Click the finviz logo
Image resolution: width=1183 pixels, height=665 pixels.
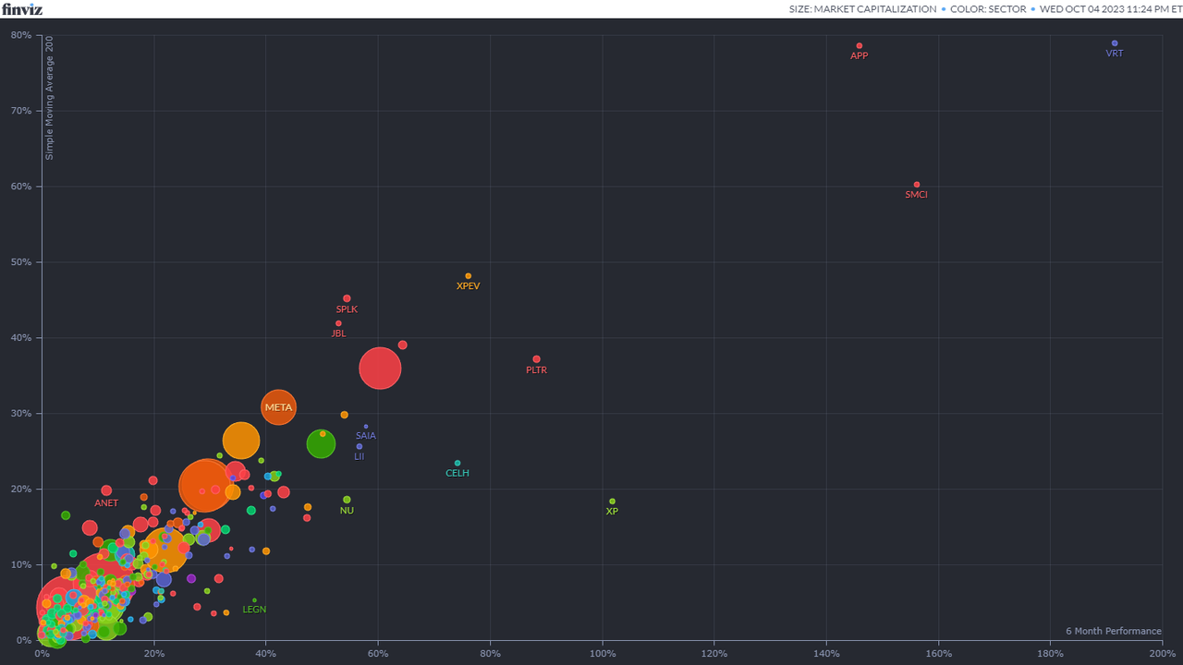(21, 9)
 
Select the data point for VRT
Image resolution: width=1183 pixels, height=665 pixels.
(1115, 43)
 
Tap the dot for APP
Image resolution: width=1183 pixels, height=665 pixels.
(859, 45)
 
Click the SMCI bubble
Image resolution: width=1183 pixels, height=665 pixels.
(916, 185)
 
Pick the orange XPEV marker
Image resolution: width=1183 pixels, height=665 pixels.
(468, 276)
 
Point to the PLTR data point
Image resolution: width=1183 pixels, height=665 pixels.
(536, 359)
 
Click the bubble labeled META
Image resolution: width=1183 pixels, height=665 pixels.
(278, 406)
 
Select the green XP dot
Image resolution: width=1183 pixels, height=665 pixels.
(612, 502)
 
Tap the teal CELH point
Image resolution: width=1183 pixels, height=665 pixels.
(457, 464)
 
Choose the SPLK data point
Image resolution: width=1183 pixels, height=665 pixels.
(347, 298)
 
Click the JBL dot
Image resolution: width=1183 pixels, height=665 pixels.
(338, 323)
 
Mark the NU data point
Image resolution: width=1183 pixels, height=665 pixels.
(347, 500)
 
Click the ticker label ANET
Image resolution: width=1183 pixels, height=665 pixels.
(106, 503)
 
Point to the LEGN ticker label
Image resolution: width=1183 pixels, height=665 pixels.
(254, 610)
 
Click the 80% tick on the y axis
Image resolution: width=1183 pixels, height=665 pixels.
(21, 35)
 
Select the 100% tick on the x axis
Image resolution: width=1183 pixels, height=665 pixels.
(603, 653)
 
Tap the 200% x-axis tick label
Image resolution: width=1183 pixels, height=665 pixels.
(1162, 653)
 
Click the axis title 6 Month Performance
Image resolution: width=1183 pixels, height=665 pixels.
(1113, 632)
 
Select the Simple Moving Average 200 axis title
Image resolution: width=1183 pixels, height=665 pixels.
(50, 98)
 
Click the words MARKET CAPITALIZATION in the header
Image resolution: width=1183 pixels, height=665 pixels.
(875, 9)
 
